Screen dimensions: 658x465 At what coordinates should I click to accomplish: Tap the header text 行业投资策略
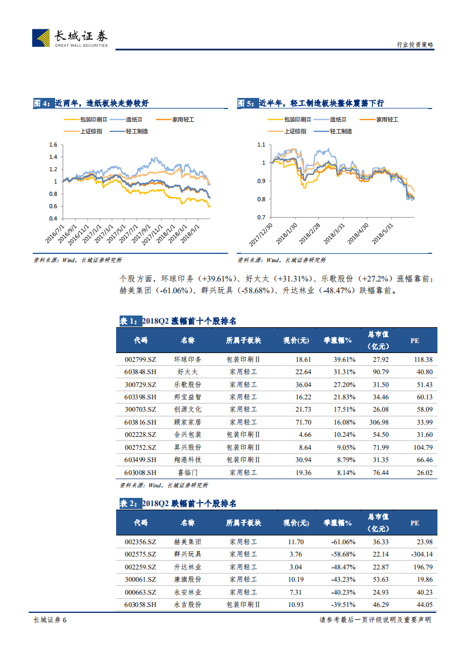pos(415,45)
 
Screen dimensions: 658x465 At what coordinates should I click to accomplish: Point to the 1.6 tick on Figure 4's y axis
pos(53,144)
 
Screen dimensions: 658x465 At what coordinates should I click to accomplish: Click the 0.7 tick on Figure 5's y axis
pos(261,218)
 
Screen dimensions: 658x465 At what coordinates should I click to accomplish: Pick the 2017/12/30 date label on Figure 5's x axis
pos(262,234)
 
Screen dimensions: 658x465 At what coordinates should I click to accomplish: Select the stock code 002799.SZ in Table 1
pos(141,359)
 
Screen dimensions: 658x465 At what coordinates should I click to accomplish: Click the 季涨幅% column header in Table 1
pos(338,340)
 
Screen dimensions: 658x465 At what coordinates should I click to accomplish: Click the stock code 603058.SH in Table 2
pos(141,604)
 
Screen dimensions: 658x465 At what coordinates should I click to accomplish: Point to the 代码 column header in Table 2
pos(141,523)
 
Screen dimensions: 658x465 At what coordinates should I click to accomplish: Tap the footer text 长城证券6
pos(49,620)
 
